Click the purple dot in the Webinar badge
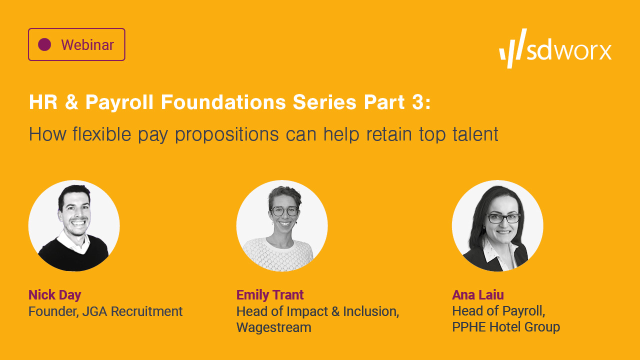44,44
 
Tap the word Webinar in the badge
87,45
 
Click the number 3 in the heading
420,102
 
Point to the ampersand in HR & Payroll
71,102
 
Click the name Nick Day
54,294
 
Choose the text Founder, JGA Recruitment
105,311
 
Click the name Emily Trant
270,294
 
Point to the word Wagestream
273,327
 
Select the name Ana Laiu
477,294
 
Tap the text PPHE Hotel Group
505,327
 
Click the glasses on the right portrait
503,218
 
